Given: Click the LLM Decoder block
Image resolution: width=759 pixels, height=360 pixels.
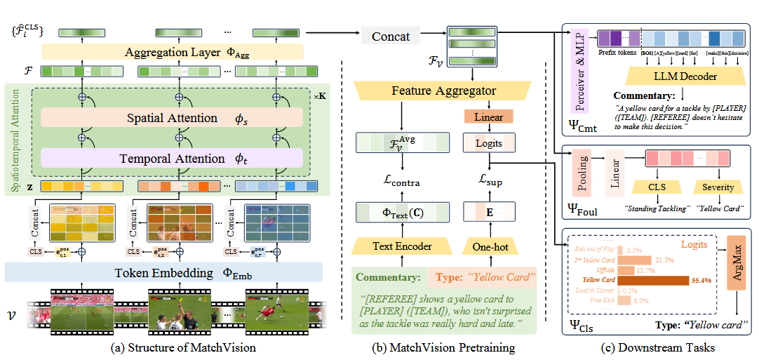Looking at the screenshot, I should pos(675,75).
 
